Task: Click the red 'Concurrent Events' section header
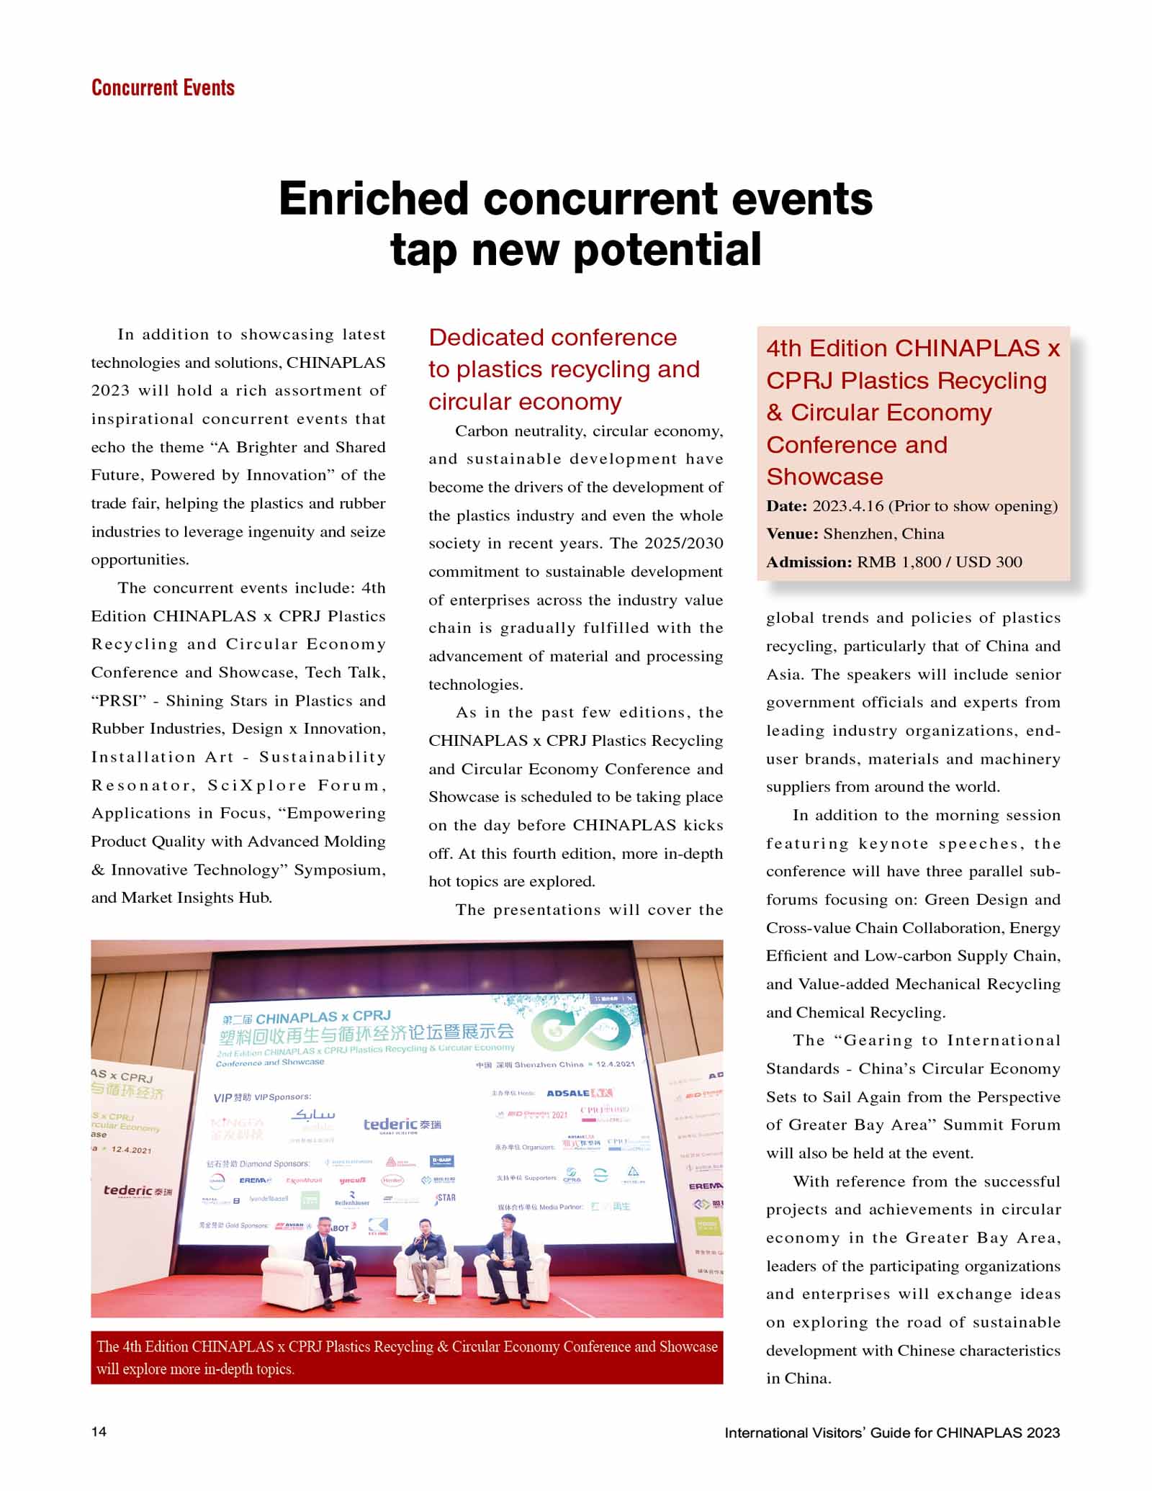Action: click(163, 88)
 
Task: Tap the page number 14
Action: click(99, 1431)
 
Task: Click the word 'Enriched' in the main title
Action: click(373, 199)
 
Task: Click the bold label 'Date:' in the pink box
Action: click(786, 506)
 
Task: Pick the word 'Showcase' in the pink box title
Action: click(824, 477)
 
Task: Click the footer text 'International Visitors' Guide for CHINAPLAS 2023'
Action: click(892, 1432)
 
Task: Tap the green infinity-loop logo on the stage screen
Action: click(584, 1030)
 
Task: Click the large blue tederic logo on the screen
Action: click(402, 1125)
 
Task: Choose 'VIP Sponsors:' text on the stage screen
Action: click(262, 1097)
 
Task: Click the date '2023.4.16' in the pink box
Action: click(847, 506)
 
